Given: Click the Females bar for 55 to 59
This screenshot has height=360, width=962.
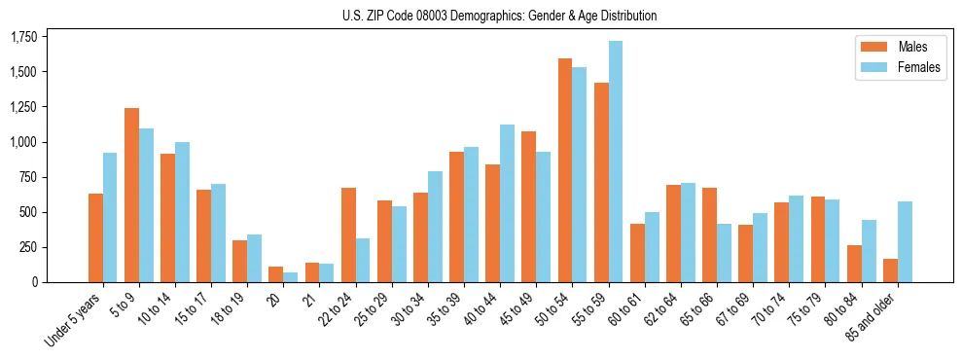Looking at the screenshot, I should tap(616, 162).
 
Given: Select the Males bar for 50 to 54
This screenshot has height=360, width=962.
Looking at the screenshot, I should tap(565, 170).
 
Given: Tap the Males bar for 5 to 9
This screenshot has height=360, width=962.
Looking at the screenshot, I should tap(132, 195).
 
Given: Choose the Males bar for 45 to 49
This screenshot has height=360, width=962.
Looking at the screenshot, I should tap(529, 206).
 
